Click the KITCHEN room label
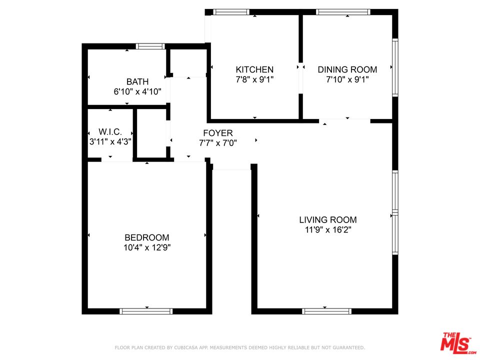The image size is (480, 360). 254,69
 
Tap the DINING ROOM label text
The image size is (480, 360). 347,69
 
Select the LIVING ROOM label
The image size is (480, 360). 328,219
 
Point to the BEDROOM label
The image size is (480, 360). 147,237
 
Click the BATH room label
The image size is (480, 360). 137,81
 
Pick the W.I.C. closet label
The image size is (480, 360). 110,131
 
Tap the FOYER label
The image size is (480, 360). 217,133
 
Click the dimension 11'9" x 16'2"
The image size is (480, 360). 328,230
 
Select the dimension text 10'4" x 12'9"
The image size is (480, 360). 147,247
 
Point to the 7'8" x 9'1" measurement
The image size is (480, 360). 254,79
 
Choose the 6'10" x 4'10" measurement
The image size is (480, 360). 137,91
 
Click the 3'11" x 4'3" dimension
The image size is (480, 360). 110,141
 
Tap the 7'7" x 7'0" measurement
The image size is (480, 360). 217,142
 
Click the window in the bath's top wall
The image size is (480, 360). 150,46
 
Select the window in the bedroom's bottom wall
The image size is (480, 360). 146,311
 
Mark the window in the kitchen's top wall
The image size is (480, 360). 230,12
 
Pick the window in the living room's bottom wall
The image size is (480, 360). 326,311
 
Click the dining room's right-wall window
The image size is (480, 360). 395,67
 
